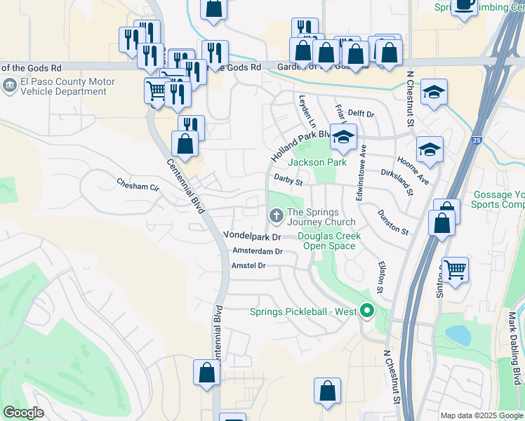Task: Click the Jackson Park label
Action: click(317, 162)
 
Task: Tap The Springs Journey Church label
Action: click(313, 217)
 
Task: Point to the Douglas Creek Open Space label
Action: click(329, 241)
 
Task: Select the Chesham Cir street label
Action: click(138, 183)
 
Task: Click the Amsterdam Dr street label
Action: click(257, 251)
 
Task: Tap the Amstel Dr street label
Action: click(248, 266)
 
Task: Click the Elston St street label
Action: click(381, 277)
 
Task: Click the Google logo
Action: click(23, 413)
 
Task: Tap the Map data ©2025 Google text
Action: click(481, 415)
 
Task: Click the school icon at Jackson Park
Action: click(344, 137)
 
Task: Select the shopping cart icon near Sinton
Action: click(456, 269)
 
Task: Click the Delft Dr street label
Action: click(361, 113)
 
